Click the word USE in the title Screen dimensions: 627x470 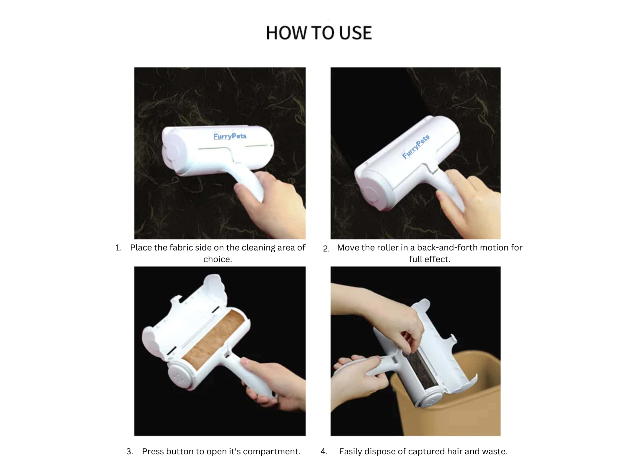[x=355, y=33]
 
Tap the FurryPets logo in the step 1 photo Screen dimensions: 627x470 [x=230, y=136]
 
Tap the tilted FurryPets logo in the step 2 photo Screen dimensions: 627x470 [x=416, y=146]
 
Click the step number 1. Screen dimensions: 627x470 [x=118, y=248]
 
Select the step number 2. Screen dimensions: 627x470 [x=326, y=249]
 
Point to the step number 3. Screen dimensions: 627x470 [x=130, y=451]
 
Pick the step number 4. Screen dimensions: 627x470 [x=324, y=451]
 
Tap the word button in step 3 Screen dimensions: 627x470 [x=179, y=451]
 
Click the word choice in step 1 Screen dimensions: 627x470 [x=218, y=259]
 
